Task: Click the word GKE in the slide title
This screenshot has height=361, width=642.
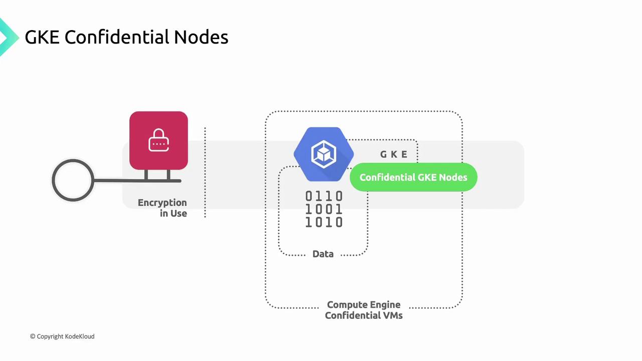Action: pyautogui.click(x=42, y=37)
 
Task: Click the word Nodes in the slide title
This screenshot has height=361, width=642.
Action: pyautogui.click(x=201, y=37)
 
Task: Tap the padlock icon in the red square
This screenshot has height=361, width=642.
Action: pyautogui.click(x=158, y=140)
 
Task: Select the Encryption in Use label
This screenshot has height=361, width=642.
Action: pyautogui.click(x=162, y=208)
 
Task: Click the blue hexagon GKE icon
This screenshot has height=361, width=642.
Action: pyautogui.click(x=324, y=154)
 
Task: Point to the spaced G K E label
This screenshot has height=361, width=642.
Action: pyautogui.click(x=394, y=154)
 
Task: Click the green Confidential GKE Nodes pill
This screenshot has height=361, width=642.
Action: pyautogui.click(x=413, y=177)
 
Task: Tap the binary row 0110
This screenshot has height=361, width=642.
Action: pyautogui.click(x=324, y=196)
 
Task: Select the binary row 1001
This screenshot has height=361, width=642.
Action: pyautogui.click(x=324, y=209)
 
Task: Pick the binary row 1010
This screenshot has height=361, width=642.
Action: pyautogui.click(x=324, y=222)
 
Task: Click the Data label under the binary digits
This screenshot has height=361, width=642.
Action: pyautogui.click(x=323, y=254)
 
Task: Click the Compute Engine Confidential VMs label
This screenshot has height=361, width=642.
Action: pyautogui.click(x=364, y=310)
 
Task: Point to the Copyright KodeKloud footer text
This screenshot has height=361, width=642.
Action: pyautogui.click(x=62, y=336)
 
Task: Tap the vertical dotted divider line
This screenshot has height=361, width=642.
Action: pyautogui.click(x=205, y=172)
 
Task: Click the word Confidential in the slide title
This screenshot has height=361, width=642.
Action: pyautogui.click(x=117, y=37)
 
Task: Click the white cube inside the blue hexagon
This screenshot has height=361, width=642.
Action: pyautogui.click(x=324, y=154)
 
